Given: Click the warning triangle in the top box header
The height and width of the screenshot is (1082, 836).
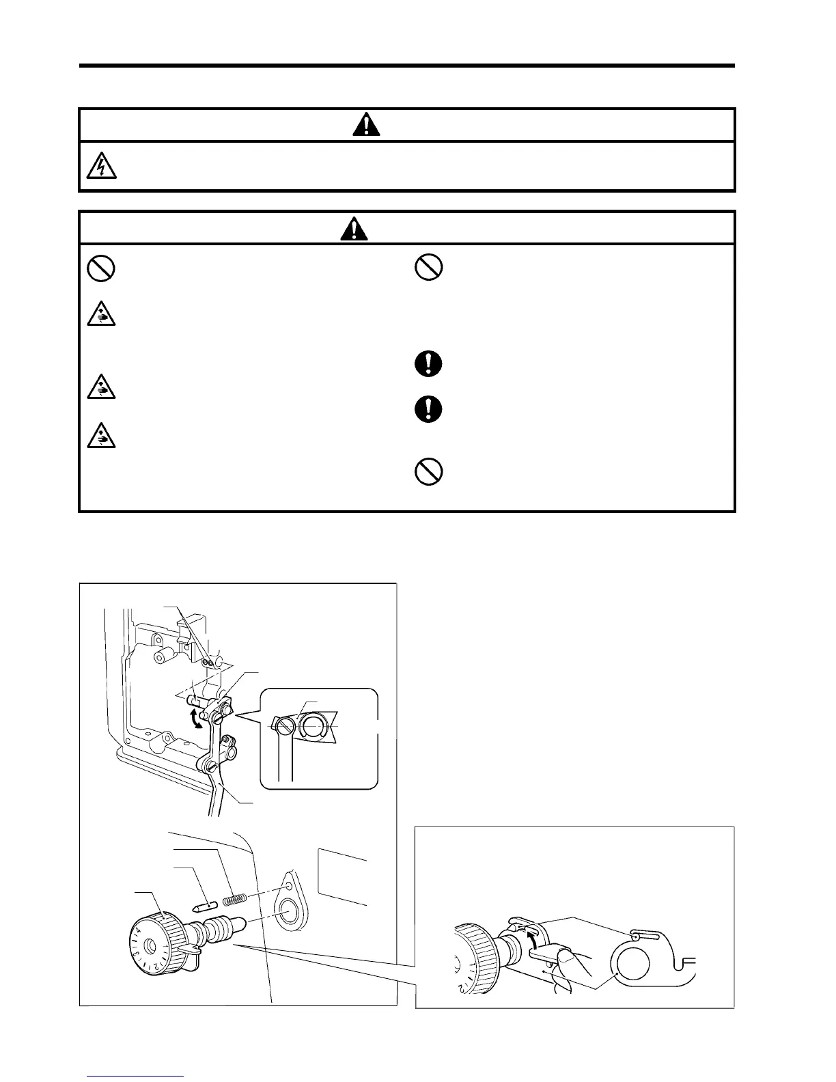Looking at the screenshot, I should (366, 125).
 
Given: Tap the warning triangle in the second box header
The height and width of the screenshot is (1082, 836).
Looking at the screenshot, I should (354, 228).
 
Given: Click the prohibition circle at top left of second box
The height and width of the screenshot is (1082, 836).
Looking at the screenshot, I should (100, 268).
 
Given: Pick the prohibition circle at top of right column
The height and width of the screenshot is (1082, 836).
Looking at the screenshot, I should (429, 267).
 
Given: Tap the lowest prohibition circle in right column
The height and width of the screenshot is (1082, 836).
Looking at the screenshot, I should (429, 471).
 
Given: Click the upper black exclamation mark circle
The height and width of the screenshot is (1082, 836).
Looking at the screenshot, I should (429, 363).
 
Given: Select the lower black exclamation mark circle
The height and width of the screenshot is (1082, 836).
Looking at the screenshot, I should (429, 409).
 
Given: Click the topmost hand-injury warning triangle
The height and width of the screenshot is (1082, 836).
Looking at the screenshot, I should (100, 314).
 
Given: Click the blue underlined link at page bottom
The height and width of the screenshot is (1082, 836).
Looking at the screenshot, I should (135, 1075).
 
